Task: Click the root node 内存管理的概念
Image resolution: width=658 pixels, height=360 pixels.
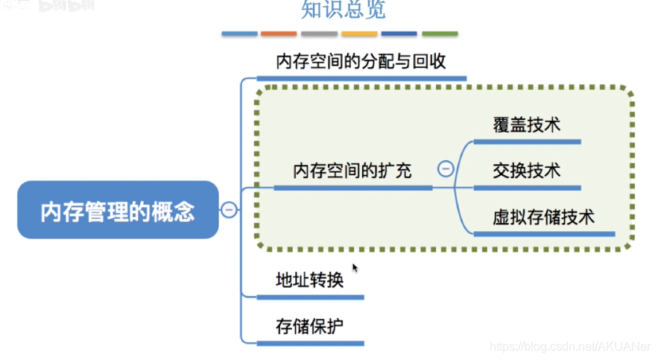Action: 118,210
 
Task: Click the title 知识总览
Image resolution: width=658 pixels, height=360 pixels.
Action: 344,10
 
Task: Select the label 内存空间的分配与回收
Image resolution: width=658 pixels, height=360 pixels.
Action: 361,61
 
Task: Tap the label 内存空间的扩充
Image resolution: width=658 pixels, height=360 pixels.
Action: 352,171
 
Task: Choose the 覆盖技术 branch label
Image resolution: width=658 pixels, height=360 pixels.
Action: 526,124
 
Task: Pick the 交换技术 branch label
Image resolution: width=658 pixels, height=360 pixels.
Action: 526,171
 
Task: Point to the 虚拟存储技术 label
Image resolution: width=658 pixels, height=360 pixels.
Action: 543,218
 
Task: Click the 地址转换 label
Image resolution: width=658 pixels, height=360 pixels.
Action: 309,280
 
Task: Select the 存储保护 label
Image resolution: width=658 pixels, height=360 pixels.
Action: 309,326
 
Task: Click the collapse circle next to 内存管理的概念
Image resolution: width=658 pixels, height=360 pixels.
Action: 230,210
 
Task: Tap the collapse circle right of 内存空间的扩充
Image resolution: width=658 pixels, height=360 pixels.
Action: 446,168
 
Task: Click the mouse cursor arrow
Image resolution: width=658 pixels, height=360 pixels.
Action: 355,268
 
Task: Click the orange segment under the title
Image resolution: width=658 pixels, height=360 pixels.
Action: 279,34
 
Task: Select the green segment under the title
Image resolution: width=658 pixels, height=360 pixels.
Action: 440,34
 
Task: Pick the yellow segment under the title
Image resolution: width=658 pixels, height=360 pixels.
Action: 359,34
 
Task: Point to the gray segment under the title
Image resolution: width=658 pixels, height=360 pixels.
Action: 319,34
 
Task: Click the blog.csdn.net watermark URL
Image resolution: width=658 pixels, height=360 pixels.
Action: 570,347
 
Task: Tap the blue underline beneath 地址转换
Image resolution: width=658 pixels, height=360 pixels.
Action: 310,297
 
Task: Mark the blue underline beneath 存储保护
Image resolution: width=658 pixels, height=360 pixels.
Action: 310,343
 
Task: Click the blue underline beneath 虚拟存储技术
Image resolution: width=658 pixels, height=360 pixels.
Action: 544,234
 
